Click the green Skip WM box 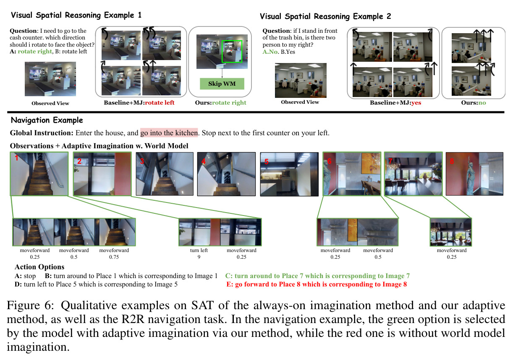(x=222, y=84)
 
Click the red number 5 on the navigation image (x=266, y=162)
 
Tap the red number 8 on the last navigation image (x=452, y=161)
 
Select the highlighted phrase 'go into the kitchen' (x=169, y=133)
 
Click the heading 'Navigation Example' (x=47, y=120)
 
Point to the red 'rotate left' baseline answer (x=160, y=102)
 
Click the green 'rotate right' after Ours (x=229, y=102)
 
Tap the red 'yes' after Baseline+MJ (x=416, y=102)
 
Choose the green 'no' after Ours (x=482, y=102)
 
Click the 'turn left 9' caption (x=199, y=253)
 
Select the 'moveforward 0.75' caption (x=114, y=253)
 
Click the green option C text (x=317, y=276)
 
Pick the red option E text (x=317, y=284)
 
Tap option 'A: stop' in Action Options (x=25, y=276)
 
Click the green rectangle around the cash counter (x=232, y=52)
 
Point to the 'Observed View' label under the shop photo (x=50, y=103)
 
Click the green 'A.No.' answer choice (x=270, y=52)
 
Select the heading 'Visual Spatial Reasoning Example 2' (x=325, y=16)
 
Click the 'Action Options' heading (x=39, y=267)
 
